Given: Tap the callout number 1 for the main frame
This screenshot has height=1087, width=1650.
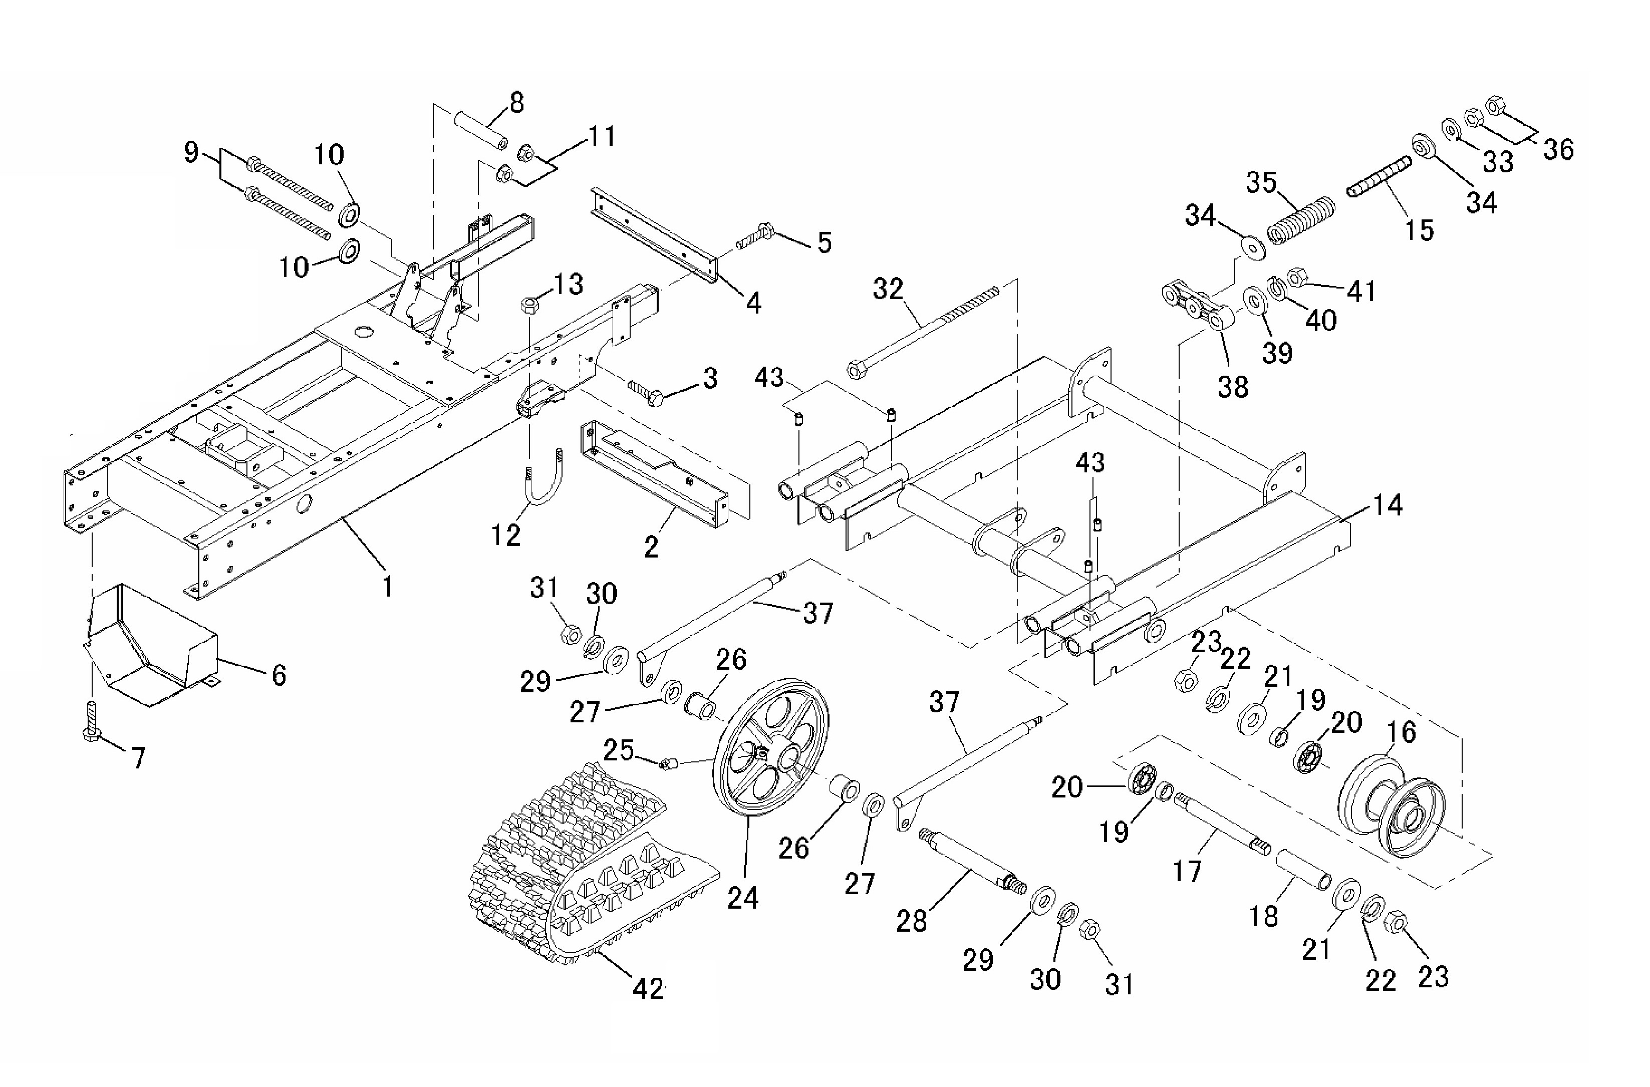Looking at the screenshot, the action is (388, 587).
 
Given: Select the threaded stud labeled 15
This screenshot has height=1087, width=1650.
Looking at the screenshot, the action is (1380, 177).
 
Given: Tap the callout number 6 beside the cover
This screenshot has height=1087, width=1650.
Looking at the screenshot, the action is (279, 673).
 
